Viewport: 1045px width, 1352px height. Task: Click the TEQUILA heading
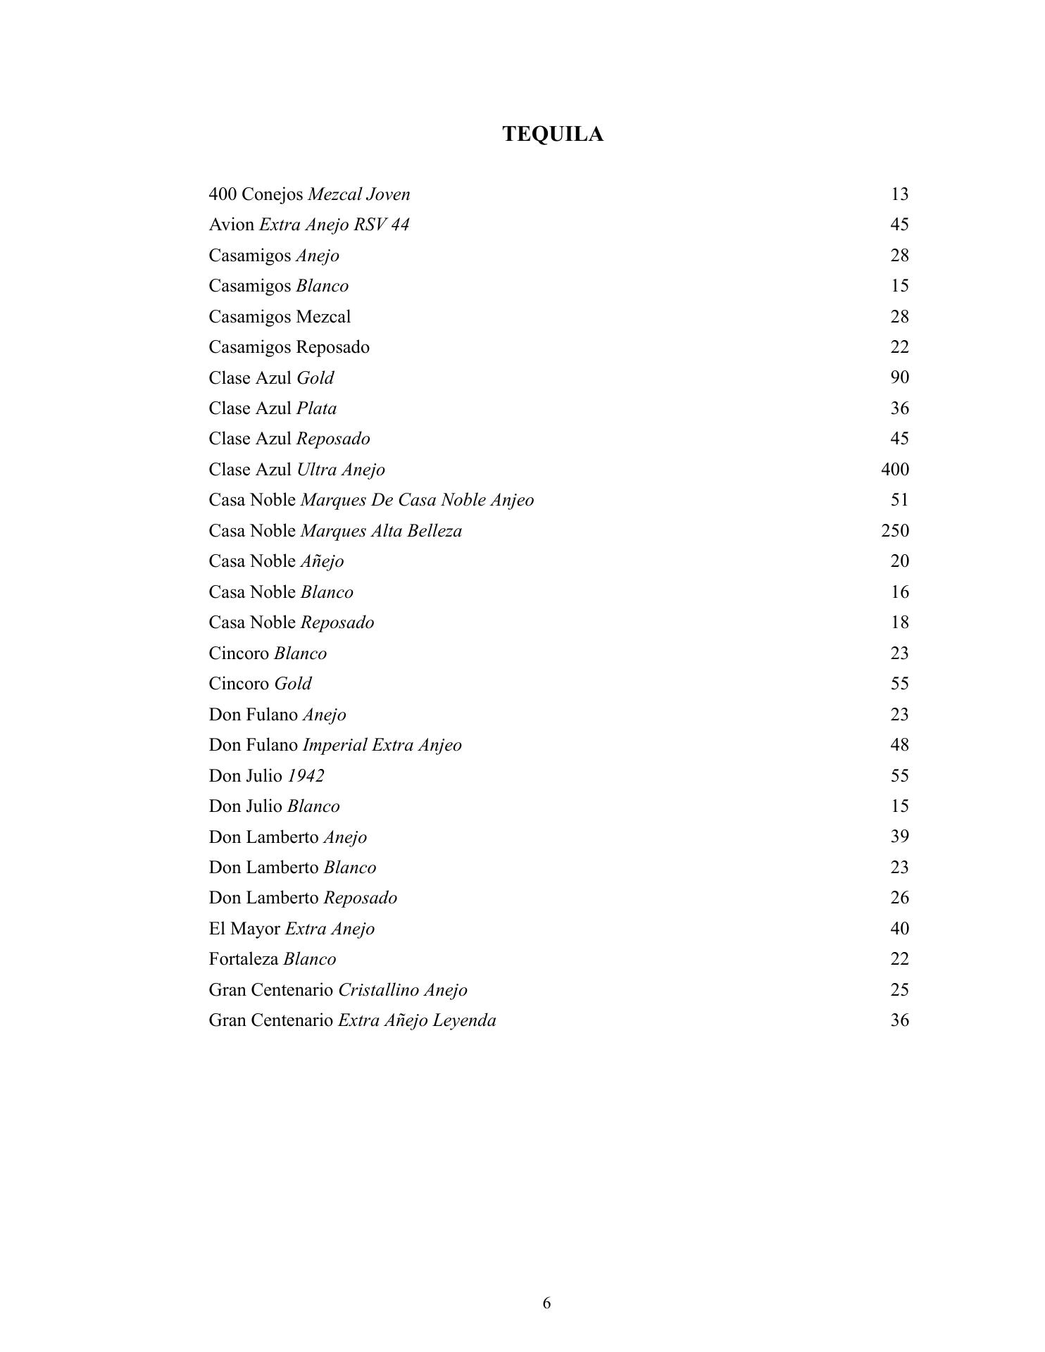[x=553, y=134]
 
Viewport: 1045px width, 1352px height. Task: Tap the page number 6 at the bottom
[x=546, y=1303]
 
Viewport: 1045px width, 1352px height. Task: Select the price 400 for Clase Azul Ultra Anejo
[x=894, y=469]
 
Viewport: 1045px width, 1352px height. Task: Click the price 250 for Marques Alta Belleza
[x=894, y=530]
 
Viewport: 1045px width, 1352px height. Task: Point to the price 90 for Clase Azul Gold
[x=899, y=377]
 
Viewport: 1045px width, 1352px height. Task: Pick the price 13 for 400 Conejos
[x=899, y=194]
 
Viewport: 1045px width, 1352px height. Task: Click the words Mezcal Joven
[x=359, y=194]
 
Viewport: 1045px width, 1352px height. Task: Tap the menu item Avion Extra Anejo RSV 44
[x=308, y=225]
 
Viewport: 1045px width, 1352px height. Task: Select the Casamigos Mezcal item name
[x=280, y=317]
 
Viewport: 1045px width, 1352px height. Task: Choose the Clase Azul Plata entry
[x=273, y=408]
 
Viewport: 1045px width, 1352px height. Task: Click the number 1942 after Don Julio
[x=306, y=776]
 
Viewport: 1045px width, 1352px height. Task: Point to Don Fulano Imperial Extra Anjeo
[x=335, y=745]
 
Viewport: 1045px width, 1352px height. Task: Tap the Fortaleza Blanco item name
[x=273, y=959]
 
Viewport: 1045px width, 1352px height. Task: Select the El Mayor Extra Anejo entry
[x=292, y=929]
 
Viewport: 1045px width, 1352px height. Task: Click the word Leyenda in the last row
[x=464, y=1020]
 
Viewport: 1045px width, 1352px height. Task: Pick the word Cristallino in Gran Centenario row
[x=377, y=990]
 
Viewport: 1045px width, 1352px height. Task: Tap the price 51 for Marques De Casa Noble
[x=899, y=500]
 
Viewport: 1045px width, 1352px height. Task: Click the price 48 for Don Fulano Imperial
[x=899, y=745]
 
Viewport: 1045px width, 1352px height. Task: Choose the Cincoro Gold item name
[x=260, y=684]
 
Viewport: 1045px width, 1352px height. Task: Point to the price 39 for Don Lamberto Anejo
[x=899, y=837]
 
